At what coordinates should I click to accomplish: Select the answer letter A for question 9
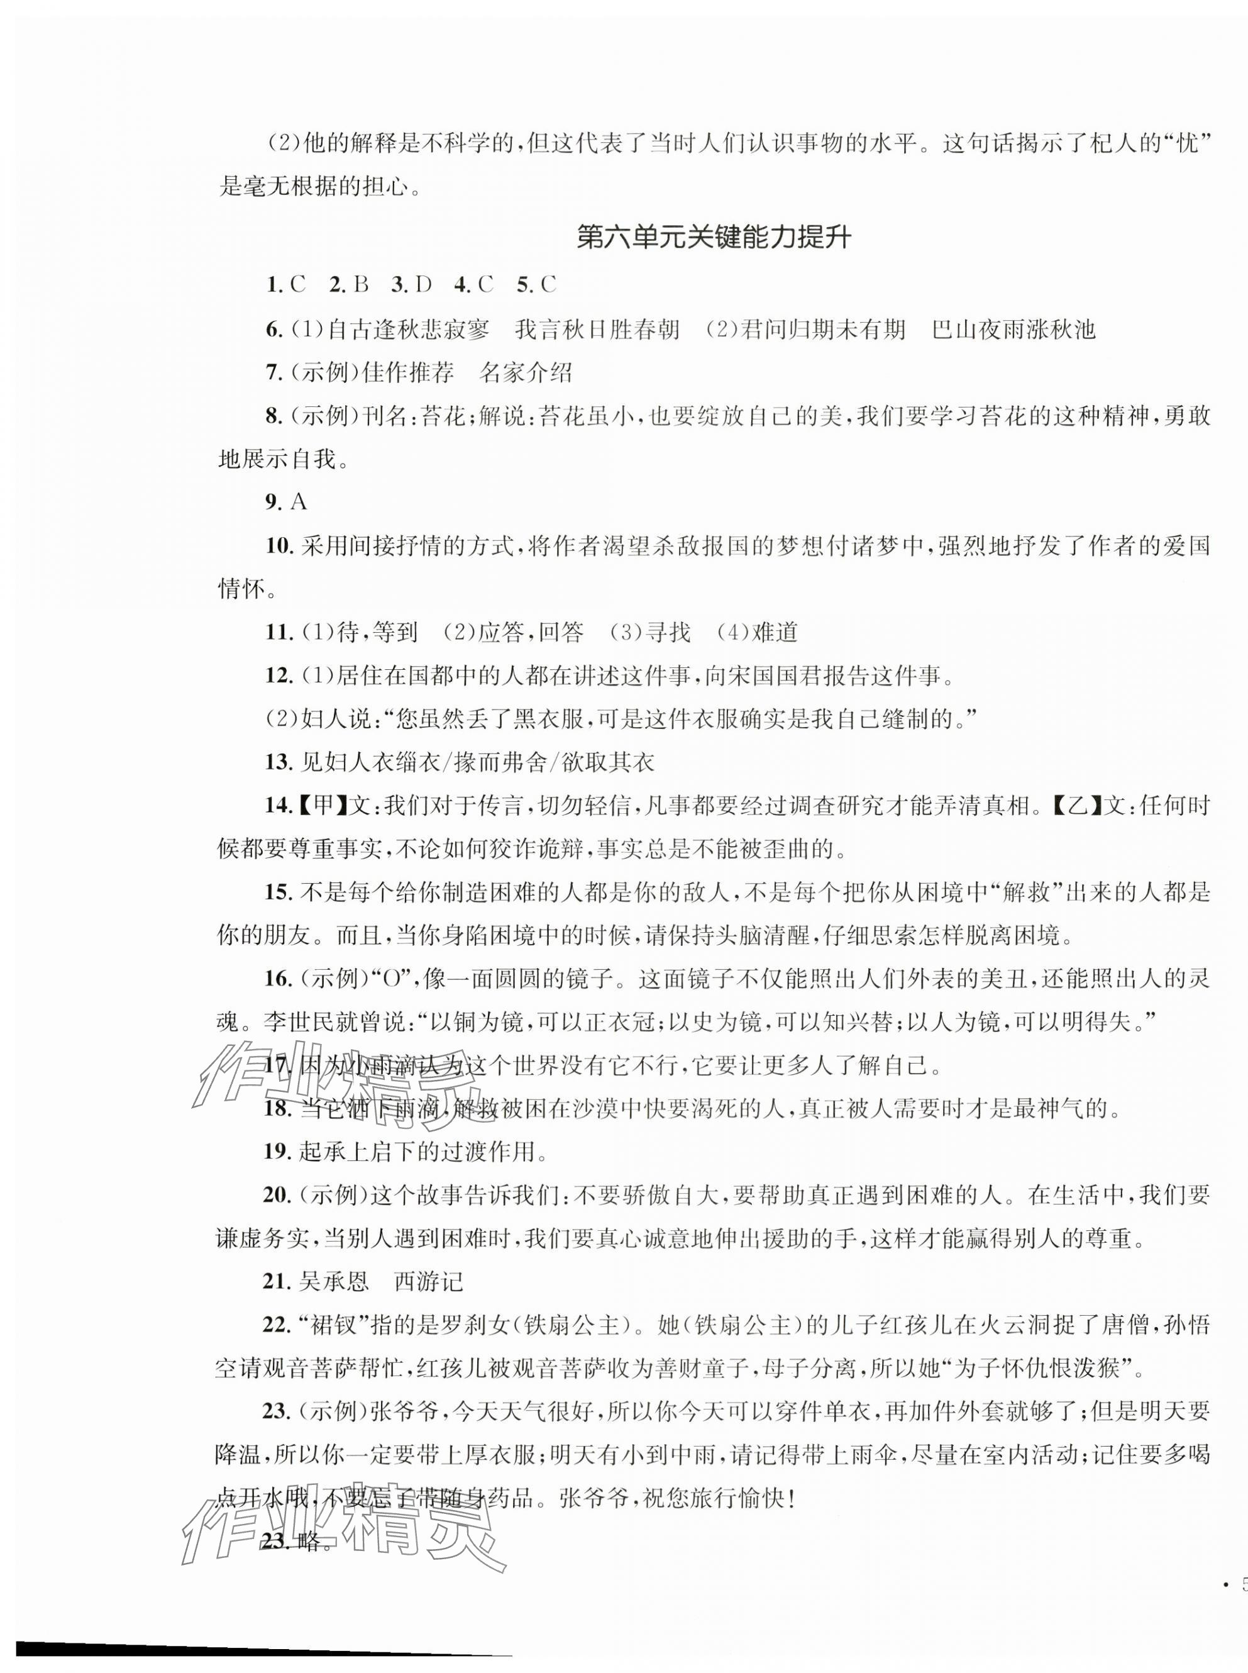tap(299, 502)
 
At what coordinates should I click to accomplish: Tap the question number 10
tap(279, 545)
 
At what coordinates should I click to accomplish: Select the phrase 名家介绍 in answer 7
tap(526, 372)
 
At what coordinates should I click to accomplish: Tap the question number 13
tap(279, 762)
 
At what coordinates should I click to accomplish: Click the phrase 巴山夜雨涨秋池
tap(1014, 330)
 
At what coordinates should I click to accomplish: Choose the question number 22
tap(279, 1325)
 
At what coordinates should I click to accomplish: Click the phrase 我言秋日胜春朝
tap(597, 330)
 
